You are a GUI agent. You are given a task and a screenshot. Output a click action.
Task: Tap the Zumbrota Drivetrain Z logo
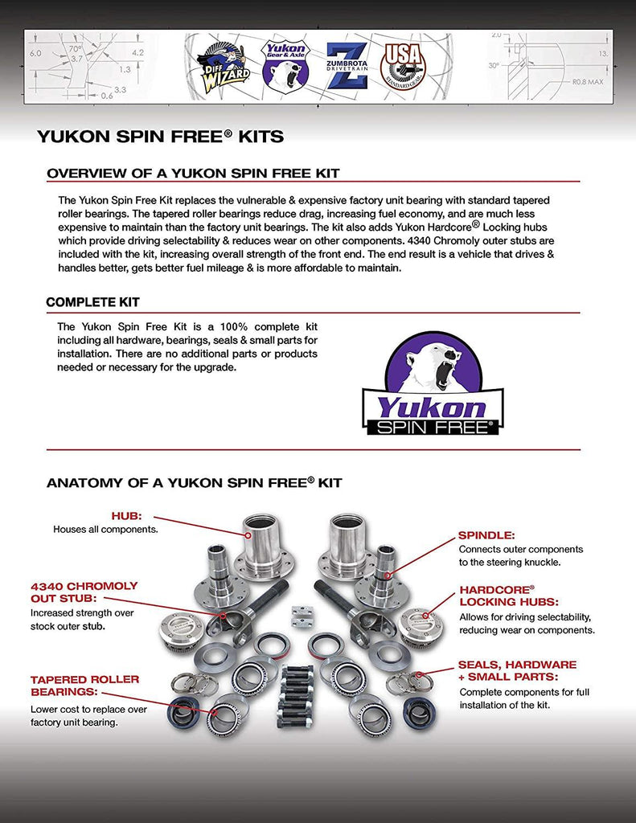pos(346,65)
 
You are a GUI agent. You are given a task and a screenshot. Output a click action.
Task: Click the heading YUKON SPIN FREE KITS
pos(160,137)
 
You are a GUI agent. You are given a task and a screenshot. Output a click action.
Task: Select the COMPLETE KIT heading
pos(92,302)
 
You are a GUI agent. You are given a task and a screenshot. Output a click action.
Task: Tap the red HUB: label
pos(126,516)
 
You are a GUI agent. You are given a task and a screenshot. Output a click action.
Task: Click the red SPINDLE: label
pos(486,534)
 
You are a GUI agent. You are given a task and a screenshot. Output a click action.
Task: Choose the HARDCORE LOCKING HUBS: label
pos(508,595)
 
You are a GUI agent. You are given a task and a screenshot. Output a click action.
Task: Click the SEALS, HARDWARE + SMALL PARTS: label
pos(517,670)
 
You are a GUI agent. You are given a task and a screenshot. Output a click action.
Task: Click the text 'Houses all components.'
pos(105,530)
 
